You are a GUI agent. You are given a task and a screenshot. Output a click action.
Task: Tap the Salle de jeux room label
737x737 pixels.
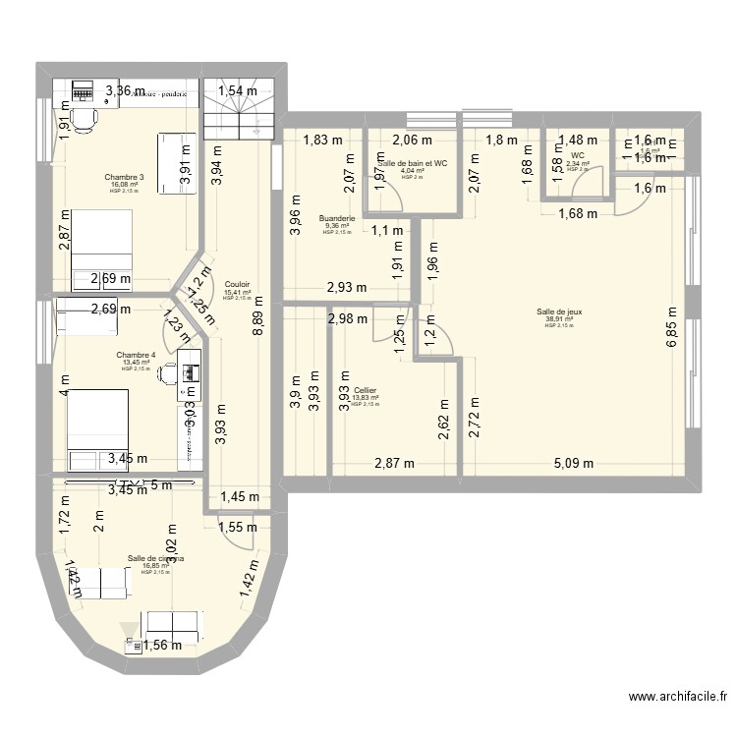pos(558,311)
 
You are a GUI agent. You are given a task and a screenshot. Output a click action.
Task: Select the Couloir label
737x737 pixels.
pos(237,284)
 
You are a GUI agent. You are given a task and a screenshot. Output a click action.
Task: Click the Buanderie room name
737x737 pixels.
pos(336,218)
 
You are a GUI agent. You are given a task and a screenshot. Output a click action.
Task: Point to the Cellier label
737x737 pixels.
pos(365,390)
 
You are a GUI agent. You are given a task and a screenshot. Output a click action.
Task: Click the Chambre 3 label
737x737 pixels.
pos(125,178)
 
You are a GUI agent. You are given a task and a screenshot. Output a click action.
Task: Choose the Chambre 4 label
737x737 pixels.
pos(136,355)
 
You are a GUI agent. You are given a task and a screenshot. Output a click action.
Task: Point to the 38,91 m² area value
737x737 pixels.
pos(558,318)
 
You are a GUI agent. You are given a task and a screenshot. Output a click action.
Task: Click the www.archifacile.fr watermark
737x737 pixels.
pos(677,698)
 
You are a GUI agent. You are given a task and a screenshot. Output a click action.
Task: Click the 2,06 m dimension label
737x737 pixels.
pos(409,140)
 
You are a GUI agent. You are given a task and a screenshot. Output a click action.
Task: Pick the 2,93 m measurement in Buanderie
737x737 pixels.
pos(346,287)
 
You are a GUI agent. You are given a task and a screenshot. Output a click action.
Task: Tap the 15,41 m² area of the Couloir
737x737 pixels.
pos(237,292)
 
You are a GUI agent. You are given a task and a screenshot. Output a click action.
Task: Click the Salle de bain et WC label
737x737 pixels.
pos(413,163)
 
